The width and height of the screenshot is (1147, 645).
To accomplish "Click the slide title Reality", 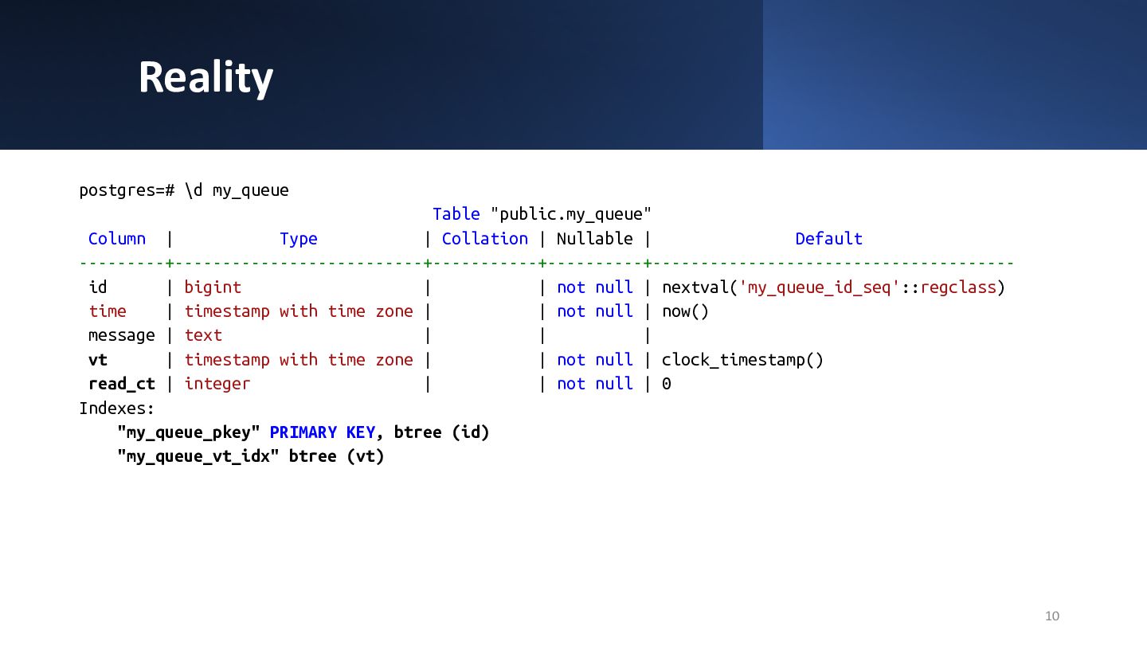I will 206,77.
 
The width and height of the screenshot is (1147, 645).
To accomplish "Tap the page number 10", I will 1051,616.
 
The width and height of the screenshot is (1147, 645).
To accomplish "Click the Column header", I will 117,239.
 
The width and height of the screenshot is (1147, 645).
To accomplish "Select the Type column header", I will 299,239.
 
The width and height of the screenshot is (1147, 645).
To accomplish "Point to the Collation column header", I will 484,239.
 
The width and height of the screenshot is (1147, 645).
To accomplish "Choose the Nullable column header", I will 594,239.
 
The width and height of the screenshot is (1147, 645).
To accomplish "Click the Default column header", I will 828,239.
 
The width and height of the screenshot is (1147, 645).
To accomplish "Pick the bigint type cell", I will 213,287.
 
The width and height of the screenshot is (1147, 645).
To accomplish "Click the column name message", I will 121,335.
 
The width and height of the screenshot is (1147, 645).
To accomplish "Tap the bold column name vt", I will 98,360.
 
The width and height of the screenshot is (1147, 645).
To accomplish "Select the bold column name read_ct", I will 121,384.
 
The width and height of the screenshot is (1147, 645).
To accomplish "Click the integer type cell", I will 217,384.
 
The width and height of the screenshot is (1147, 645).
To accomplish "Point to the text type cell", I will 203,335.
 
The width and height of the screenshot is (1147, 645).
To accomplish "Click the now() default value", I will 685,311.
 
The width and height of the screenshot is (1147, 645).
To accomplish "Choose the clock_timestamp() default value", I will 742,360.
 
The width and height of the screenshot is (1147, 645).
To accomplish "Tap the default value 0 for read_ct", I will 667,384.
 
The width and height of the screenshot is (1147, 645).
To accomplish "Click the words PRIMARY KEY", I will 322,432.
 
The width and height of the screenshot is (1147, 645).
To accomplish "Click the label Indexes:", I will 117,408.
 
